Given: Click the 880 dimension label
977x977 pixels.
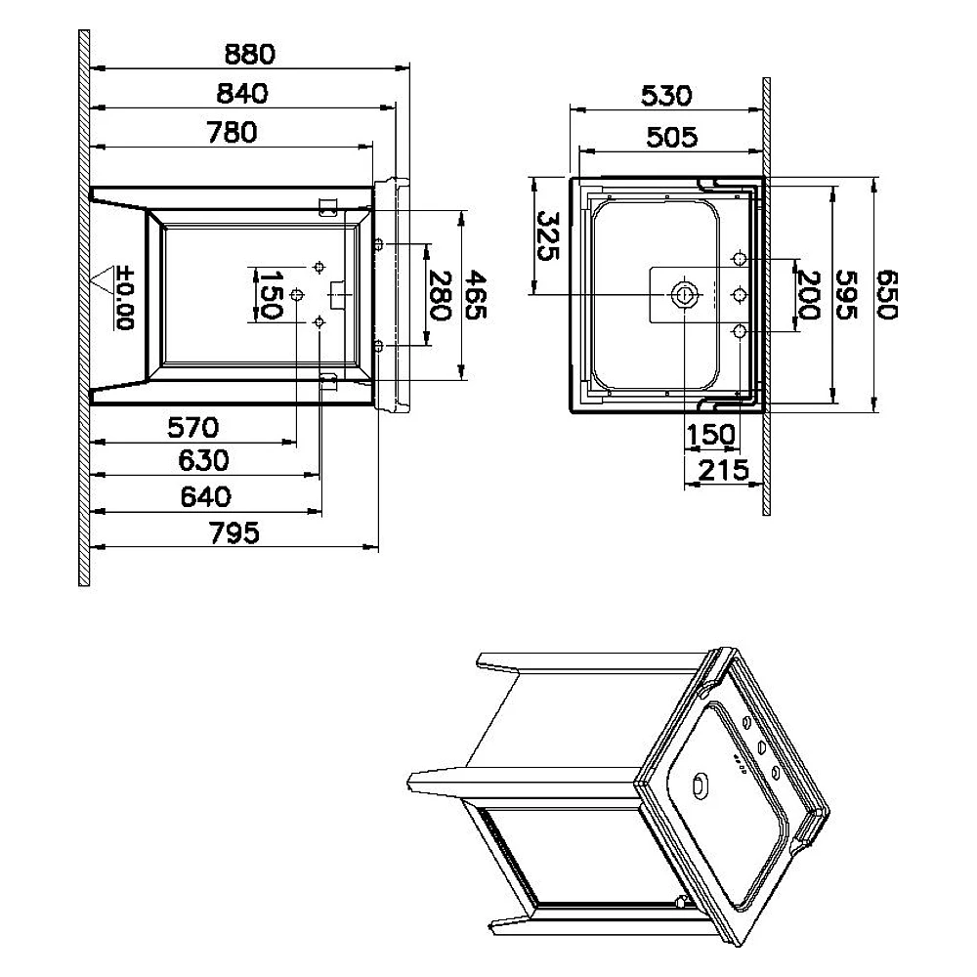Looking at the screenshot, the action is point(250,54).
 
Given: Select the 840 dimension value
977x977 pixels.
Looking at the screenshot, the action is point(242,94).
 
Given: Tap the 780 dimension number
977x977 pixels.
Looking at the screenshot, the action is point(232,132).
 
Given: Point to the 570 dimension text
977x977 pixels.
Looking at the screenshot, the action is point(193,428).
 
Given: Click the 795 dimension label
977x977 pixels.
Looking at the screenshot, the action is point(234,533).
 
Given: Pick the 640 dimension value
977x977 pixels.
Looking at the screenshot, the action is point(205,497).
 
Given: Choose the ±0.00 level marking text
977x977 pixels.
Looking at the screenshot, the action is point(125,298).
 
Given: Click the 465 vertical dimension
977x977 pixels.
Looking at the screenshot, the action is point(476,295).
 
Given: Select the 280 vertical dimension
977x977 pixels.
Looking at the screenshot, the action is point(440,295).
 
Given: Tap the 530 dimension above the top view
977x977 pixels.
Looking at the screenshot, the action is point(666,96).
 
